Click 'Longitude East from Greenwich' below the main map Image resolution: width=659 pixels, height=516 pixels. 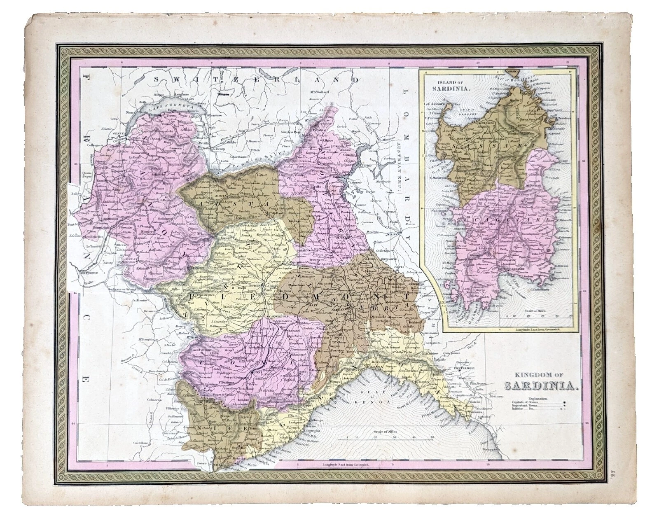click(x=348, y=464)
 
